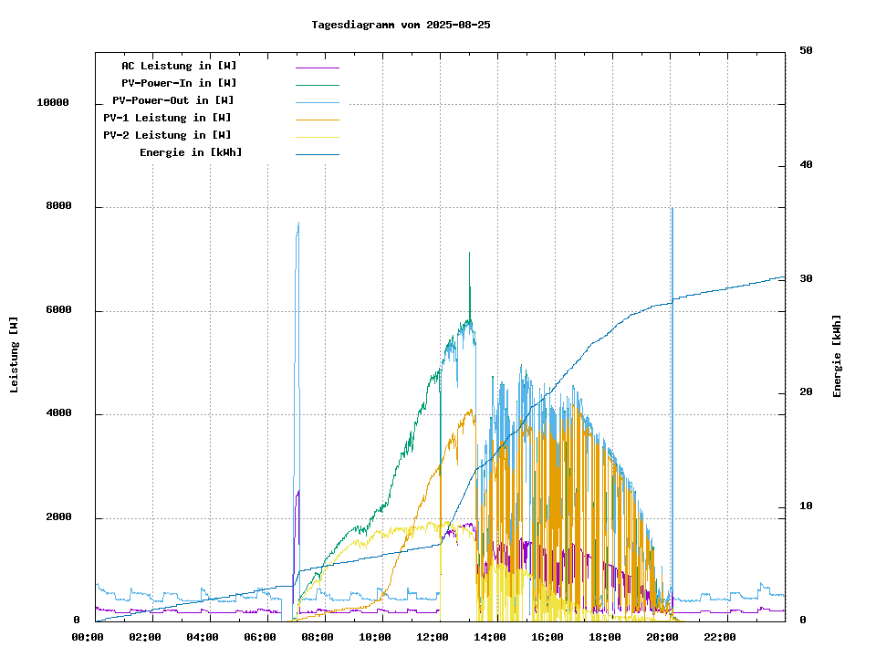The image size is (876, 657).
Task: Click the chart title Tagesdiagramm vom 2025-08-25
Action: [x=401, y=25]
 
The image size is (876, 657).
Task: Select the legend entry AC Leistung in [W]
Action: [x=179, y=66]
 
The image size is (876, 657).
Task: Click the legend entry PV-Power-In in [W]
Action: [x=179, y=83]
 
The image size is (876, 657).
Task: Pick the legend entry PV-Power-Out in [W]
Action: [x=173, y=100]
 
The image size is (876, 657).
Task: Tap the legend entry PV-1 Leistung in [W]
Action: [x=167, y=118]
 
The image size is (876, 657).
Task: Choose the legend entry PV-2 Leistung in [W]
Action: [x=167, y=135]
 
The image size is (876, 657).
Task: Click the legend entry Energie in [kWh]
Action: [x=191, y=152]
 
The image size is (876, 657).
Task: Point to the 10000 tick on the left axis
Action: [x=53, y=103]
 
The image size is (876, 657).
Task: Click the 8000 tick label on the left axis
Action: [x=59, y=207]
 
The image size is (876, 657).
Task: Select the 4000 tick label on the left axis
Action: [x=59, y=414]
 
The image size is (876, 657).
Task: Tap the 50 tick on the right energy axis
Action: [x=806, y=51]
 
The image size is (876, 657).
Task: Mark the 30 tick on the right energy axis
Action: [x=806, y=279]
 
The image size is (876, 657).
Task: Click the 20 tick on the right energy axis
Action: [x=806, y=392]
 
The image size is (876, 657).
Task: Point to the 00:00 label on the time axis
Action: [x=87, y=637]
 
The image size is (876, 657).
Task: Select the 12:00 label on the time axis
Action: [x=433, y=637]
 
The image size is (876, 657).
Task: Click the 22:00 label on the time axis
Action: [x=720, y=637]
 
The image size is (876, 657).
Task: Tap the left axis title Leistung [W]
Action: [x=15, y=354]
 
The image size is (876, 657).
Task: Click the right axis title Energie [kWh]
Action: [x=838, y=356]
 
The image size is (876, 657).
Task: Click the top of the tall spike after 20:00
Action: [x=673, y=209]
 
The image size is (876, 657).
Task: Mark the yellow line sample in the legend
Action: [x=317, y=136]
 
